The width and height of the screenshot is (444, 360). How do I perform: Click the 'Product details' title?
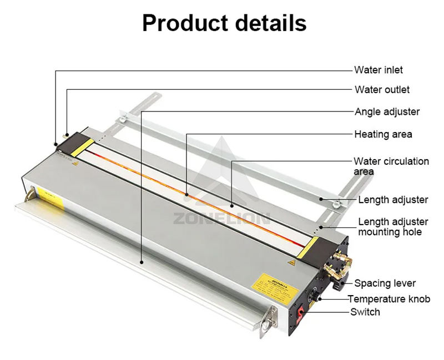pyautogui.click(x=224, y=23)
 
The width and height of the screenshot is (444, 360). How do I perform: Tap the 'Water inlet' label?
pyautogui.click(x=379, y=70)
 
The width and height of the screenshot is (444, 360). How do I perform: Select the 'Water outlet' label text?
pyautogui.click(x=382, y=89)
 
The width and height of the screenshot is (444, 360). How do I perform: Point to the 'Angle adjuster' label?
pyautogui.click(x=387, y=111)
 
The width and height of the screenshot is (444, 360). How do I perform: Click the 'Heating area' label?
pyautogui.click(x=383, y=134)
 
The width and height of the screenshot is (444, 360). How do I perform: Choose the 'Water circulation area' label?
pyautogui.click(x=391, y=166)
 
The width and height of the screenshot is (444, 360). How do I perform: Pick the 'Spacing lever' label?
pyautogui.click(x=385, y=283)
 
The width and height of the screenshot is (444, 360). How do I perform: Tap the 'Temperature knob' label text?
pyautogui.click(x=389, y=299)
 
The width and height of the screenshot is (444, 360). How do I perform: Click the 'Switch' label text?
pyautogui.click(x=365, y=312)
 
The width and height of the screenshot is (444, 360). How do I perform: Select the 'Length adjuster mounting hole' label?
pyautogui.click(x=393, y=226)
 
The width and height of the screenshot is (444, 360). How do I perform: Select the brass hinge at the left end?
pyautogui.click(x=29, y=194)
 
